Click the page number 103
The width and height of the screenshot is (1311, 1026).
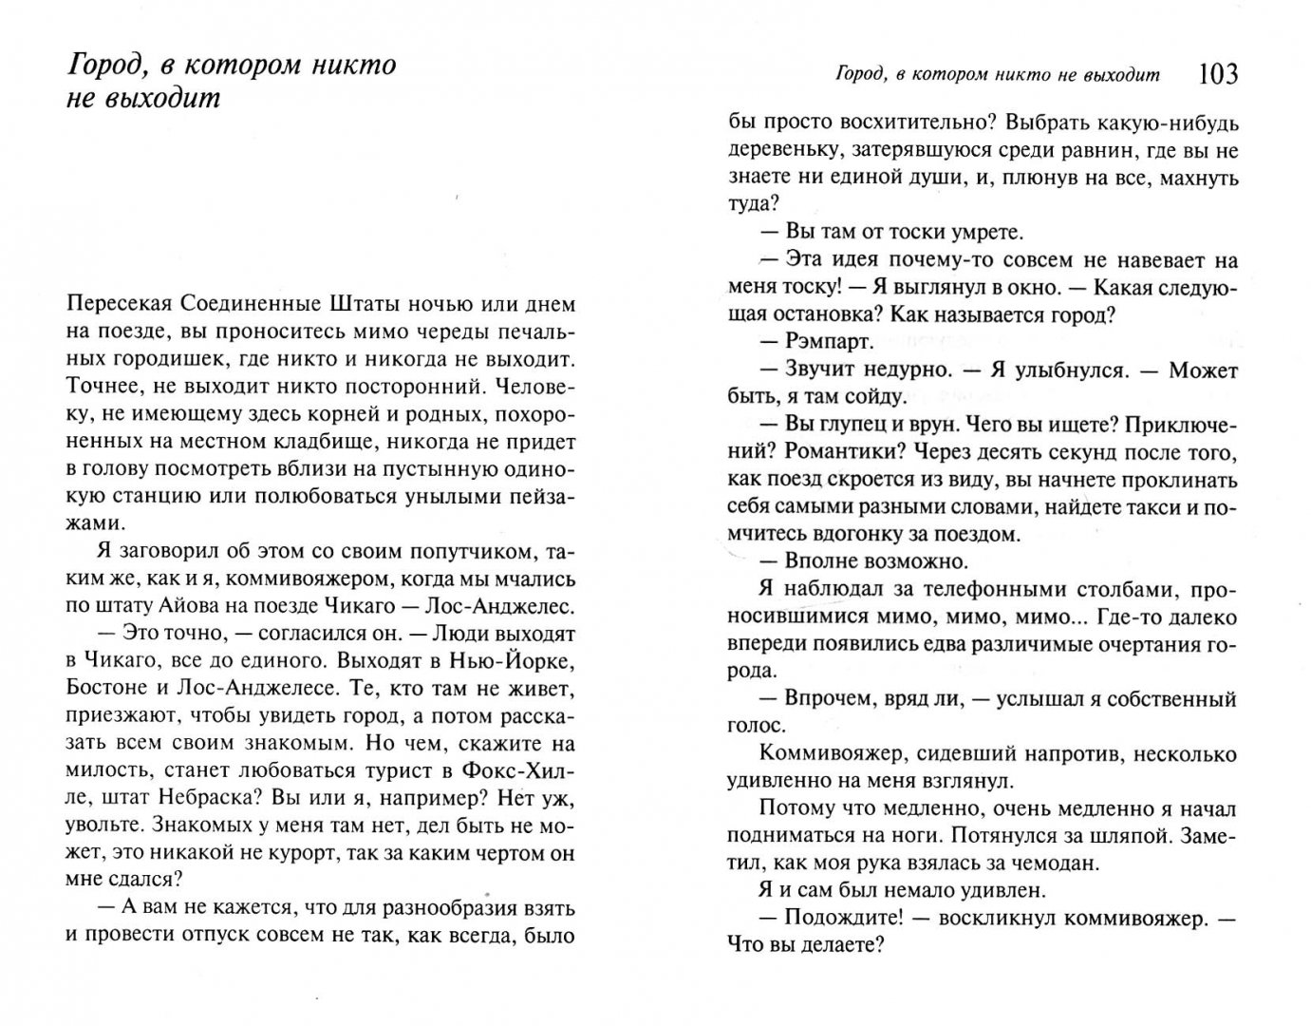[x=1218, y=74]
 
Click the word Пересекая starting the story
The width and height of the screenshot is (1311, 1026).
[x=114, y=304]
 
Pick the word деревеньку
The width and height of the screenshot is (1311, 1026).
[x=777, y=150]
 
